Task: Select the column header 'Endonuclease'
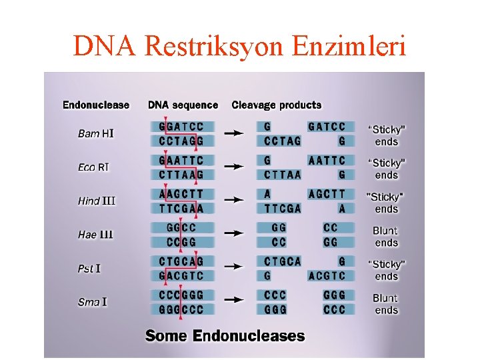point(96,105)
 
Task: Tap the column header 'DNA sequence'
point(183,105)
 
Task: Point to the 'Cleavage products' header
point(276,105)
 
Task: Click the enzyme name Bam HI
point(96,133)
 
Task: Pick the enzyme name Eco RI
point(93,167)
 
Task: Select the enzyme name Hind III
point(97,201)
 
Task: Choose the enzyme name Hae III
point(96,235)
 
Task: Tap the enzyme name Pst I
point(89,268)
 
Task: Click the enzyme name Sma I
point(93,302)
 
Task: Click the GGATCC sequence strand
point(181,127)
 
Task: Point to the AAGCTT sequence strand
point(181,194)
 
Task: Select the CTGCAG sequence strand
point(181,261)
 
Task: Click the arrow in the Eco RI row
point(233,167)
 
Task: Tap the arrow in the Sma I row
point(233,301)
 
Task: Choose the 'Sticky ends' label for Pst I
point(386,270)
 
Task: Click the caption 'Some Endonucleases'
point(225,336)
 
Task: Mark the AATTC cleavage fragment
point(327,161)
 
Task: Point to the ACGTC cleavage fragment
point(327,275)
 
